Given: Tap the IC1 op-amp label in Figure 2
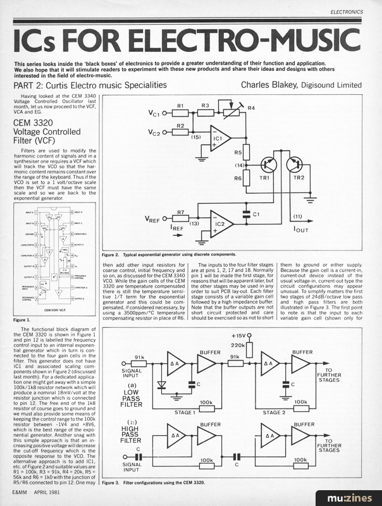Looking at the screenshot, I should coord(218,137).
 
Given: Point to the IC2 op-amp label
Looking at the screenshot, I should coord(218,224).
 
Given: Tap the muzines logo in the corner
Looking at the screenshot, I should coord(357,492).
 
